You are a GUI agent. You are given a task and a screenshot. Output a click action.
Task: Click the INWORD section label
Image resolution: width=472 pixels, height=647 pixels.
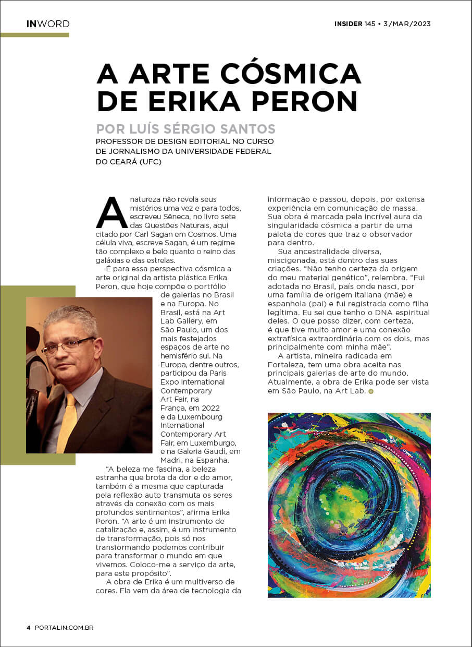coord(48,24)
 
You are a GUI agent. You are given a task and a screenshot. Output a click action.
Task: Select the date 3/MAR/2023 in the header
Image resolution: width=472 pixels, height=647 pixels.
coord(407,24)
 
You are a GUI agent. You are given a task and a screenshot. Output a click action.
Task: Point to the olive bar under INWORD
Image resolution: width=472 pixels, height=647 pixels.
coord(34,35)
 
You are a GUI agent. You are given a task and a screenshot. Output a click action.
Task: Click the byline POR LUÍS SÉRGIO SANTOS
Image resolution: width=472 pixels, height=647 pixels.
coord(185,129)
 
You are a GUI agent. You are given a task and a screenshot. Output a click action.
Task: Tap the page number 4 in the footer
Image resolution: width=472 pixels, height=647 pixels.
coord(29,627)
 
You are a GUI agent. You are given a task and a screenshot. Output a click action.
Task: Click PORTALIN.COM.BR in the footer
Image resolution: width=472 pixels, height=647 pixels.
coord(64,627)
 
